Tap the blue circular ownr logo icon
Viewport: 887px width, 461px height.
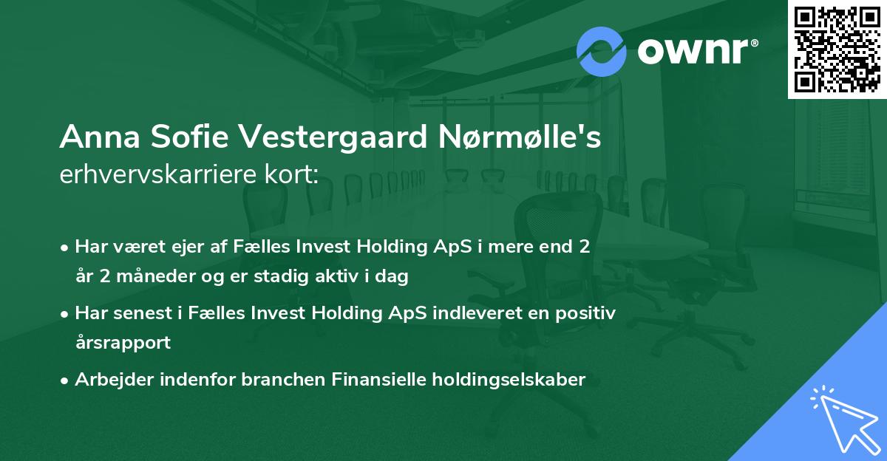tap(602, 51)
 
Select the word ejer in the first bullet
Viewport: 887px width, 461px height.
tap(190, 247)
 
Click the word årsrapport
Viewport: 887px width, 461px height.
tap(123, 342)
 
